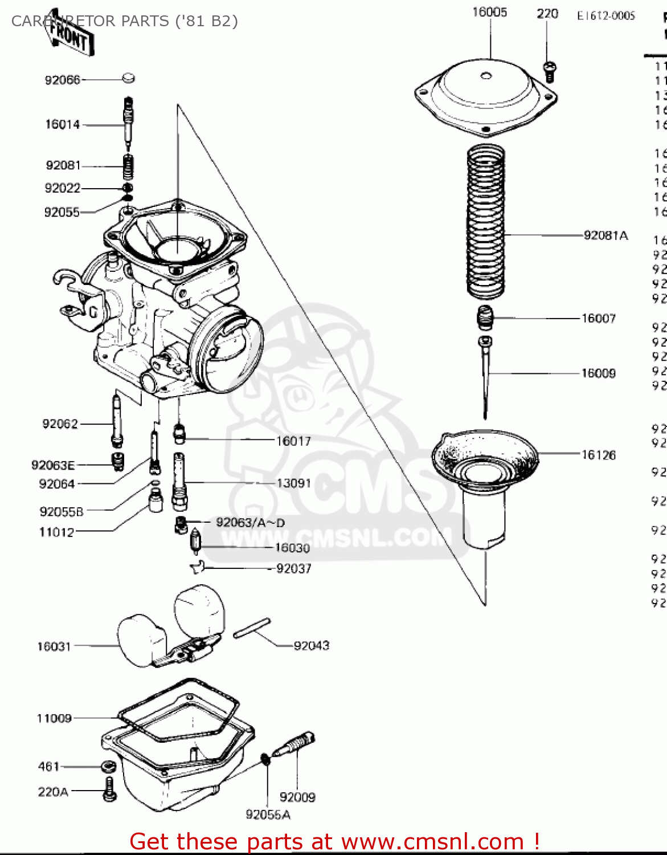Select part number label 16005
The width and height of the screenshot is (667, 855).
489,12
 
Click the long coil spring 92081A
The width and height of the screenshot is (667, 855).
486,222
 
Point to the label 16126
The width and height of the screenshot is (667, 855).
598,455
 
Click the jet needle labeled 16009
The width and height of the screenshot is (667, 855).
485,376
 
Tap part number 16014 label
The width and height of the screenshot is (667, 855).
62,124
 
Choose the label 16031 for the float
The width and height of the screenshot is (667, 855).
54,646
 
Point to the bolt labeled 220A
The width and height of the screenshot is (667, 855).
109,792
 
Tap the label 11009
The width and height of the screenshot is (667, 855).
54,718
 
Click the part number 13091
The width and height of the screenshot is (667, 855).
294,483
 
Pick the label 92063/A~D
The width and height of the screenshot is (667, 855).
250,523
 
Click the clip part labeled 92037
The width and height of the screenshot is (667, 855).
197,567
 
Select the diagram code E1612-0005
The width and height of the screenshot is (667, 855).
605,16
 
